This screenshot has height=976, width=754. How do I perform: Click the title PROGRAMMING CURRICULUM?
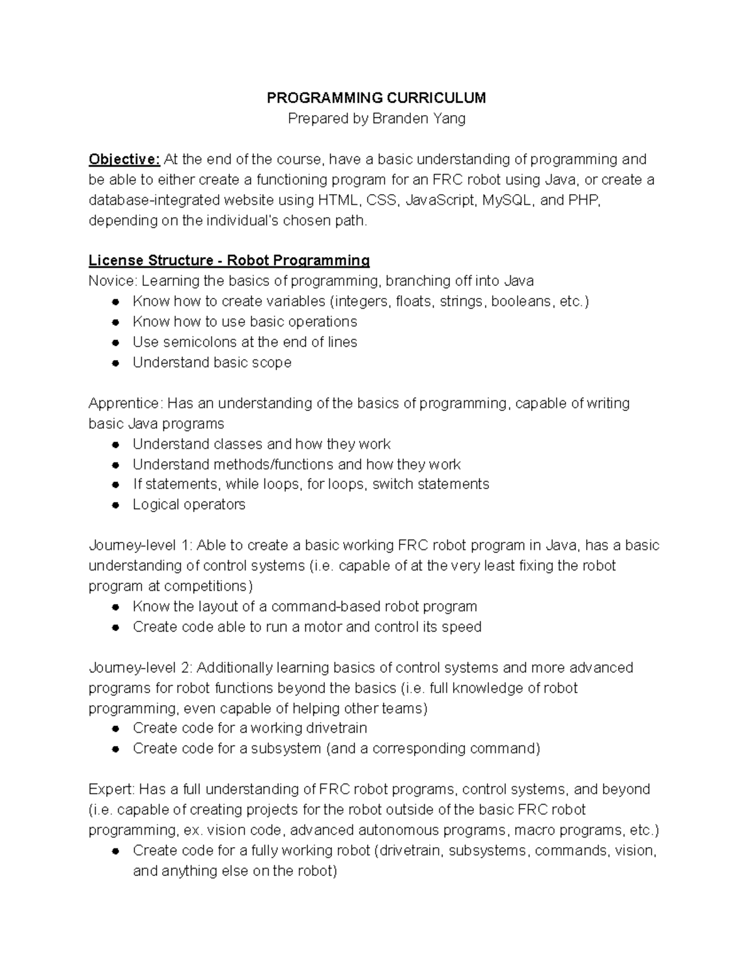(376, 98)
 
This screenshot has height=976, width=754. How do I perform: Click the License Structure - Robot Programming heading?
(229, 260)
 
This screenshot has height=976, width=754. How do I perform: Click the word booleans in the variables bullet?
(521, 301)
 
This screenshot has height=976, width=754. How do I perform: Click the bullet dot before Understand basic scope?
(116, 363)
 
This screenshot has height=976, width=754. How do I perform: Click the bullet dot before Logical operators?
(116, 505)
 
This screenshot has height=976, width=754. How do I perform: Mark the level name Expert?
(111, 789)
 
